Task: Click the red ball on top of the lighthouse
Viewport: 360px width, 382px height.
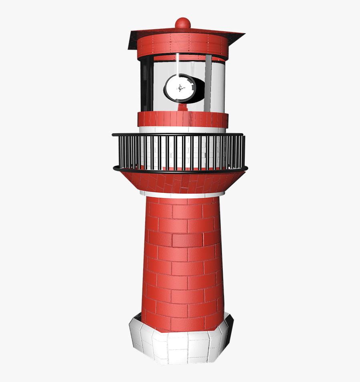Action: click(x=183, y=23)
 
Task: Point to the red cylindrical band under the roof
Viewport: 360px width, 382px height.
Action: click(x=182, y=45)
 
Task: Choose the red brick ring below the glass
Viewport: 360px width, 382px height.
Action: click(x=183, y=119)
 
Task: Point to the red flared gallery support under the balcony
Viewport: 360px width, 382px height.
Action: click(x=182, y=182)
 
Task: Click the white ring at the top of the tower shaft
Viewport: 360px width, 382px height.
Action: click(x=182, y=194)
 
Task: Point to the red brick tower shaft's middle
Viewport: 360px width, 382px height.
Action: click(x=182, y=260)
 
